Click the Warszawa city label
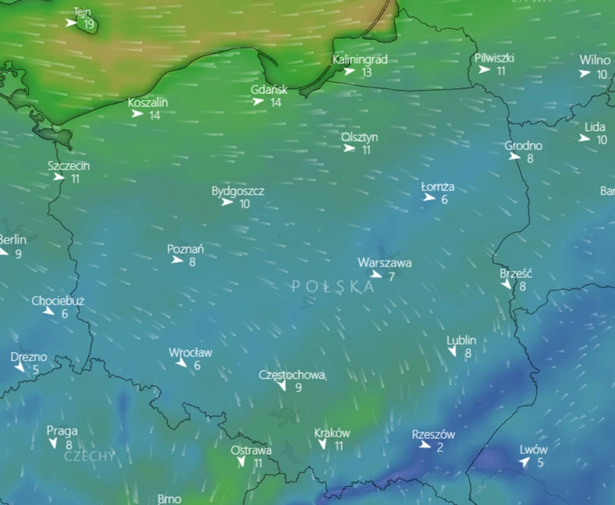pos(385,263)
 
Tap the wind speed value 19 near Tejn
pos(89,24)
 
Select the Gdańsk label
pos(269,90)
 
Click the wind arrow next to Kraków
pos(322,445)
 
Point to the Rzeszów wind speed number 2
pos(440,447)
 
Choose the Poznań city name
pos(186,250)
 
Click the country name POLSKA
pos(333,286)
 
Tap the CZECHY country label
pos(90,456)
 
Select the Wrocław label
pos(190,353)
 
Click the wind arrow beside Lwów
pos(524,463)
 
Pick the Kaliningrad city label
pos(360,59)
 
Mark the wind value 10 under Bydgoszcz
pos(244,204)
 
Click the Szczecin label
pos(69,165)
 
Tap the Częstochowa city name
pos(292,375)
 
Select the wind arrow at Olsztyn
pos(350,149)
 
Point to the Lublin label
pos(461,340)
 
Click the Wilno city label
pos(595,61)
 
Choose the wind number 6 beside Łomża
pos(444,200)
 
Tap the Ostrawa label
pos(251,450)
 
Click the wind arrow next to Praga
pos(54,443)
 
